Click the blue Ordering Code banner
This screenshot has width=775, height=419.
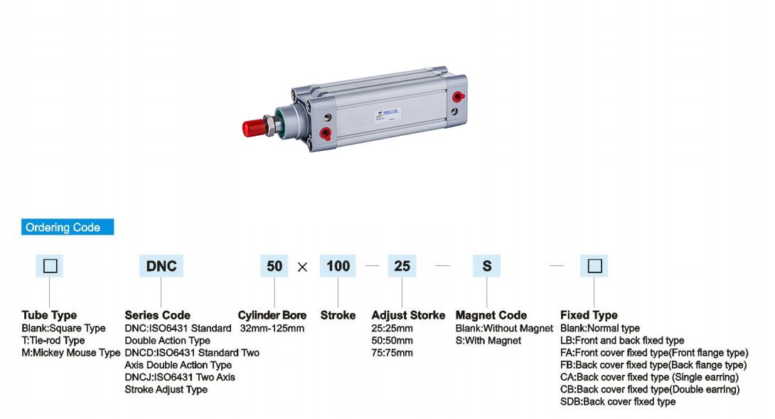coord(68,228)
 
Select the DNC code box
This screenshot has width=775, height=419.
coord(161,266)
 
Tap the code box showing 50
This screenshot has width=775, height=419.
coord(274,266)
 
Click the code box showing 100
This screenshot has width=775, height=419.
coord(338,266)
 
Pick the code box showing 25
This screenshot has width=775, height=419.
coord(402,266)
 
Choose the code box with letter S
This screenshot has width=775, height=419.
coord(487,266)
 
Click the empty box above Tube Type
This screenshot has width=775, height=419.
coord(50,266)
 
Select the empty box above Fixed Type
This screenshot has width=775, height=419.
coord(595,266)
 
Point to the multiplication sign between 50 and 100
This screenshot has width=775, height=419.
coord(303,267)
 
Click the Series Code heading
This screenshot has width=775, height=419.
coord(157,315)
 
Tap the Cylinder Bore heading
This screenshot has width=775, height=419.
coord(272,315)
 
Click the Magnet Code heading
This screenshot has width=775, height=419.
coord(491,315)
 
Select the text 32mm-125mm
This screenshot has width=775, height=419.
coord(272,329)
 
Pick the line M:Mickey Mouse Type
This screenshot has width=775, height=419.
coord(71,353)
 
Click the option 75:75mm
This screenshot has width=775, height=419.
coord(392,353)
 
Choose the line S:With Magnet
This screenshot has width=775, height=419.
coord(488,341)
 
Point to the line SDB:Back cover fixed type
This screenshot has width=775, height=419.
coord(618,402)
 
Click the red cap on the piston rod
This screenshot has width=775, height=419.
coord(253,128)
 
